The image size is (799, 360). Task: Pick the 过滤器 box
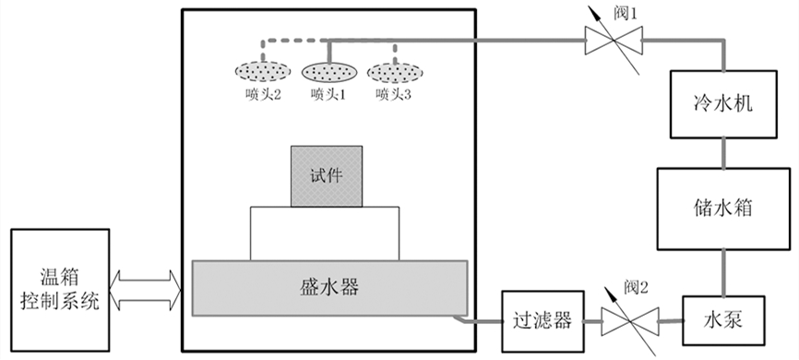tap(542, 320)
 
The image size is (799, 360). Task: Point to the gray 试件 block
tap(327, 176)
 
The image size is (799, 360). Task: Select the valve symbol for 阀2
tap(629, 320)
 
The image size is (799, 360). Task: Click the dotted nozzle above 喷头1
tap(329, 72)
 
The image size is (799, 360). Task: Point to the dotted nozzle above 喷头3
tap(394, 72)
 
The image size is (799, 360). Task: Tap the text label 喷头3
tap(392, 94)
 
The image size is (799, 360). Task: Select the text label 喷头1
tap(328, 94)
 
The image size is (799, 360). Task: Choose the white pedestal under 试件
tap(327, 233)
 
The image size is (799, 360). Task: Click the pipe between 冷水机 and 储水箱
tap(723, 151)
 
